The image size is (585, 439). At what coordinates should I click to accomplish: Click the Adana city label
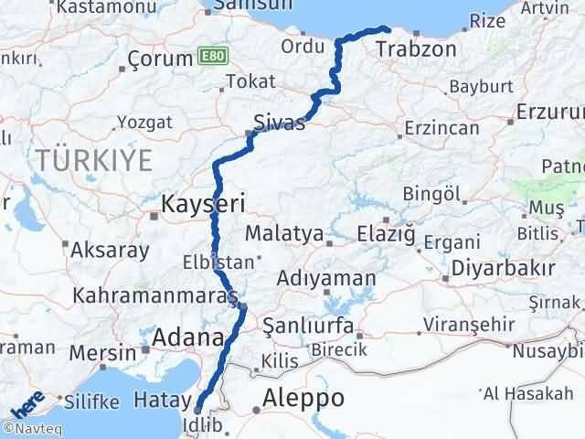(x=187, y=338)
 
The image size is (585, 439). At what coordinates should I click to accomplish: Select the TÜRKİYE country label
(x=94, y=161)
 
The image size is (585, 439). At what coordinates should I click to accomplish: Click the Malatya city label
(x=284, y=233)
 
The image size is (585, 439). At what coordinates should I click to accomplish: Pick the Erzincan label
(x=441, y=128)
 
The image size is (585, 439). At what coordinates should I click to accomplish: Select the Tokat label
(x=250, y=82)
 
